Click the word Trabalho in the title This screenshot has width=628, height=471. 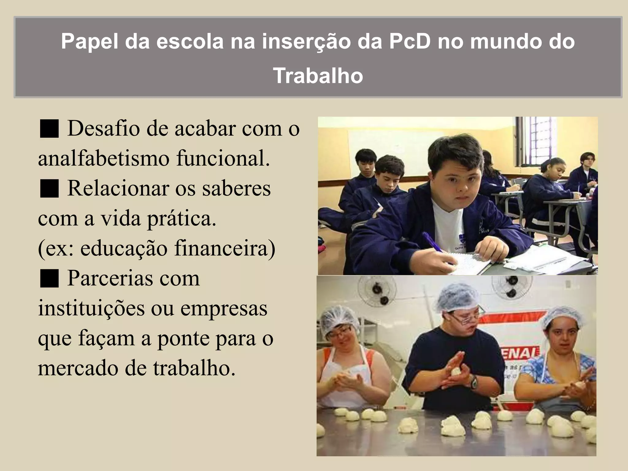pos(318,75)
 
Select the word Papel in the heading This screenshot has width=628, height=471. pos(89,41)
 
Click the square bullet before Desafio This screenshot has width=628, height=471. pos(49,129)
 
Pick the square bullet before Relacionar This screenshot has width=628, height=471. pos(49,189)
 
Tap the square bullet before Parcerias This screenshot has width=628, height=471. pos(49,278)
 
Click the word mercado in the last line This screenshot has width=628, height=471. pos(78,368)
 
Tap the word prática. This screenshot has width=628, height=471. pos(182,218)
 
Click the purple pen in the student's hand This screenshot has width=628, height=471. pos(432,242)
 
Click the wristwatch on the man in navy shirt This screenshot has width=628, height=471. pos(474,383)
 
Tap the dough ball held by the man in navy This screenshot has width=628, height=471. pos(456,372)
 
